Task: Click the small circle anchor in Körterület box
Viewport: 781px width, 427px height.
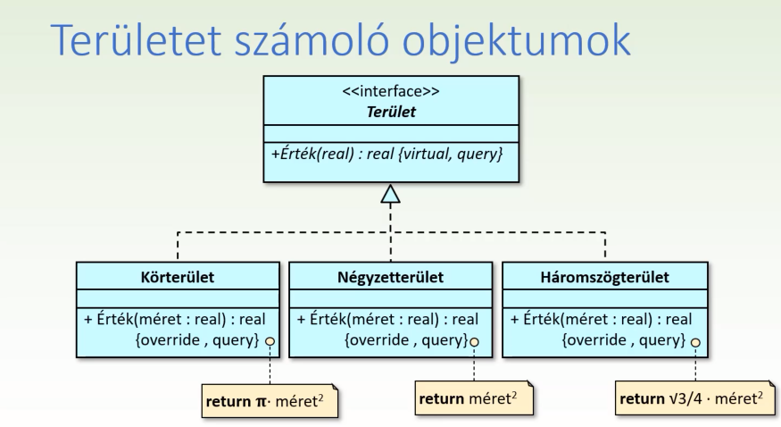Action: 268,342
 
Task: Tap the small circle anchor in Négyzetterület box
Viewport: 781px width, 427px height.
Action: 474,341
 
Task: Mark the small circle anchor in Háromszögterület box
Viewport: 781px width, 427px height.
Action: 694,342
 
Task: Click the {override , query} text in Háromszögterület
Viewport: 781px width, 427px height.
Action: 623,340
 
